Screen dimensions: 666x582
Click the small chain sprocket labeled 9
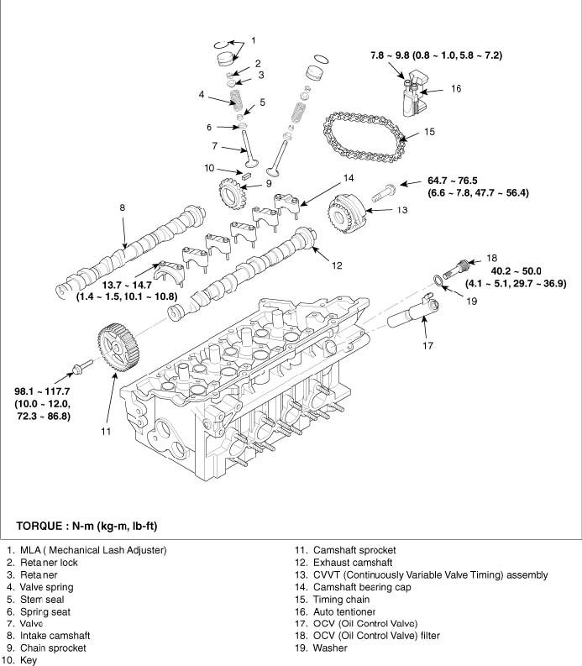pyautogui.click(x=228, y=196)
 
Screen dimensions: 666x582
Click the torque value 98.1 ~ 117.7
pyautogui.click(x=47, y=391)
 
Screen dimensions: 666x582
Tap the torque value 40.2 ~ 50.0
pyautogui.click(x=516, y=271)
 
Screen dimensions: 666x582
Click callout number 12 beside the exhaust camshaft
pyautogui.click(x=336, y=265)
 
